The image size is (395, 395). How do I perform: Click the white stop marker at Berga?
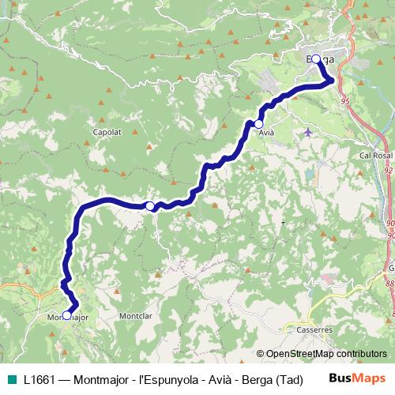tap(316, 58)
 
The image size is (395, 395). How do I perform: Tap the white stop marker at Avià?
tap(258, 124)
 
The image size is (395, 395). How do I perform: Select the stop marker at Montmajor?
tap(66, 315)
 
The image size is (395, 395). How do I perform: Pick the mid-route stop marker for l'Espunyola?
tap(150, 205)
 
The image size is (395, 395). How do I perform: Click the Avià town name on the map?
tap(266, 133)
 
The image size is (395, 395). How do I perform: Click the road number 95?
tap(345, 101)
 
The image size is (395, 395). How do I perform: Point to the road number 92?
tap(388, 169)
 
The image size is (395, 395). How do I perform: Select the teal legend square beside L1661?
tap(11, 378)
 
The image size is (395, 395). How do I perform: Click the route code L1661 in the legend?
tap(39, 378)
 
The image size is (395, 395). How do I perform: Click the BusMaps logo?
tap(357, 378)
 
